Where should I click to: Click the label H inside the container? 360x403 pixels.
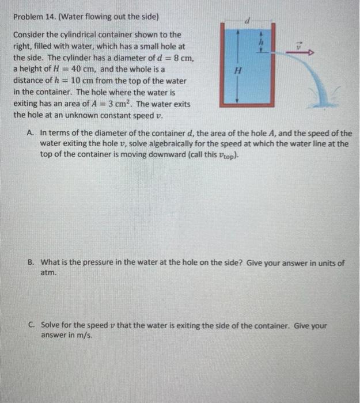pos(234,70)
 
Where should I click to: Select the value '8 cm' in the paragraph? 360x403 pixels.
pos(185,58)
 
